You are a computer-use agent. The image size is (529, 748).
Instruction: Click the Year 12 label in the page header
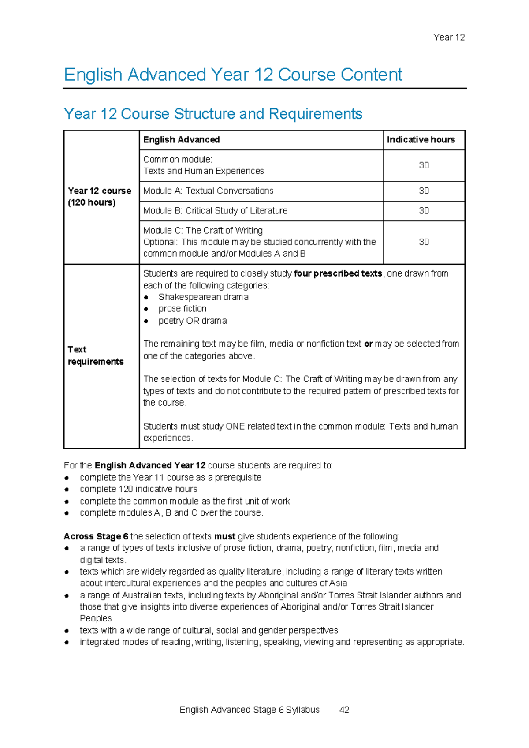click(449, 37)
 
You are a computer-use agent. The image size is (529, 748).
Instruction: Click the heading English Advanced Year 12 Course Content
click(233, 75)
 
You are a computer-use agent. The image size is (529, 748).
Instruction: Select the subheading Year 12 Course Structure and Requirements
click(213, 114)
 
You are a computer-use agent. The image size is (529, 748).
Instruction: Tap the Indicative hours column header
click(421, 140)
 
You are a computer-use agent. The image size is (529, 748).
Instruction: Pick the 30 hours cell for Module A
click(424, 191)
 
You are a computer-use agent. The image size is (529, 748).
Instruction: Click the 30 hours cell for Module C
click(424, 242)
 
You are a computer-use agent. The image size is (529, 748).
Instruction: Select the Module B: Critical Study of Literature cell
click(215, 211)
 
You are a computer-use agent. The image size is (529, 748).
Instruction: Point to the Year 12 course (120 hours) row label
click(99, 197)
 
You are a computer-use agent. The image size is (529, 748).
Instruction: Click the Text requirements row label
click(95, 355)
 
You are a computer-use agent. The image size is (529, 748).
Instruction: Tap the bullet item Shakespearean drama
click(203, 297)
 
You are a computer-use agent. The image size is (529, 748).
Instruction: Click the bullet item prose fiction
click(182, 309)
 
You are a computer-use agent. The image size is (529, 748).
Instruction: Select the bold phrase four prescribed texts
click(338, 273)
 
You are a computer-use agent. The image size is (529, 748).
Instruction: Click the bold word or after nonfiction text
click(368, 344)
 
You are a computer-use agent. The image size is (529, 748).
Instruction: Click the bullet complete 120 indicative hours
click(138, 489)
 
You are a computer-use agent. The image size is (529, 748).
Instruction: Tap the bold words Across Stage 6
click(96, 536)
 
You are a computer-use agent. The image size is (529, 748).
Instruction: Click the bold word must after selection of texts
click(224, 536)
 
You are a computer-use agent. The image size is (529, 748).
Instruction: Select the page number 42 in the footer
click(344, 710)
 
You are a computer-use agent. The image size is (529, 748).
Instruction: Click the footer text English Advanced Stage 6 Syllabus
click(250, 710)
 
